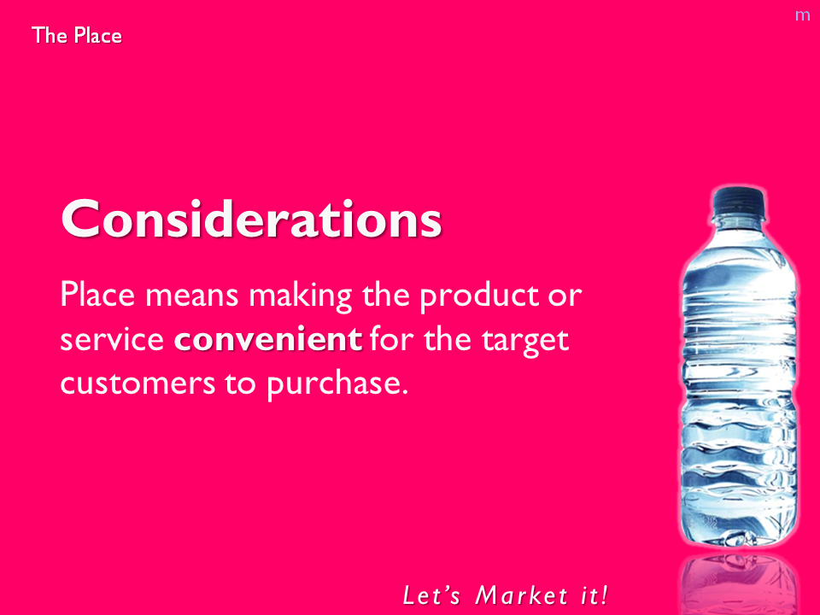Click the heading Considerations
[x=251, y=219]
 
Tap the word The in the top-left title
[x=50, y=35]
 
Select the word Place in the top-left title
[x=97, y=35]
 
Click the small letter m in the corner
[x=802, y=15]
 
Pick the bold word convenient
[x=267, y=339]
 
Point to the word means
[x=191, y=296]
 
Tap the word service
[x=112, y=339]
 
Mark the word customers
[x=138, y=384]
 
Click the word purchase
[x=337, y=385]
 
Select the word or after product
[x=565, y=296]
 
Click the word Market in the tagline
[x=521, y=595]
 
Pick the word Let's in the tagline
[x=430, y=595]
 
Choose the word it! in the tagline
[x=594, y=595]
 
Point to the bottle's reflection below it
[x=739, y=583]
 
